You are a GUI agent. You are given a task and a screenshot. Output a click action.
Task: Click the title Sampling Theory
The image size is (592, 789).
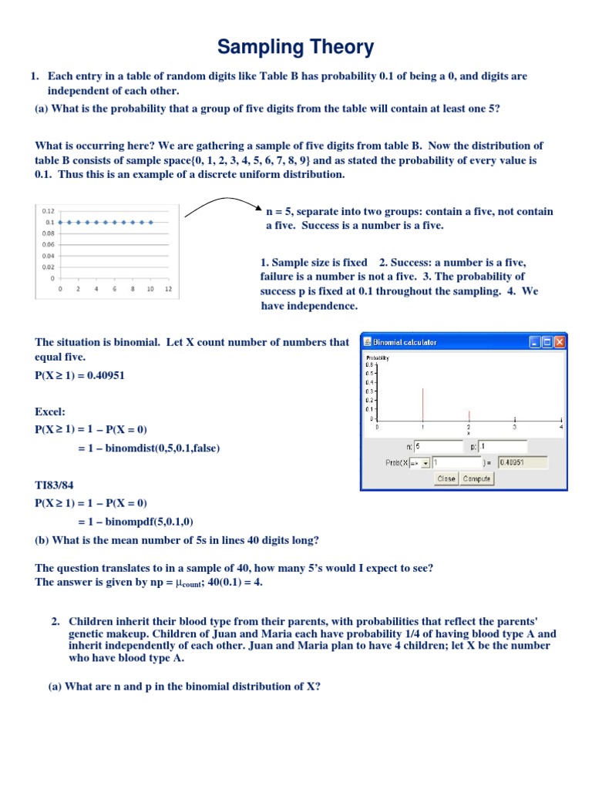pyautogui.click(x=295, y=47)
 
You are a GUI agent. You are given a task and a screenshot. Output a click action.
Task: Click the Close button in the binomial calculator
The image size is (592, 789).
pyautogui.click(x=446, y=478)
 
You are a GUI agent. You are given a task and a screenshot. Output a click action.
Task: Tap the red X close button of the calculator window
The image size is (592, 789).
pyautogui.click(x=560, y=342)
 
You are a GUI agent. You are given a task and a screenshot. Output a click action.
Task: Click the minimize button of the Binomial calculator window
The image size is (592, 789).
pyautogui.click(x=535, y=342)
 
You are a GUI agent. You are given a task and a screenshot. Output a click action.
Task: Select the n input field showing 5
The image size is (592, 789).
pyautogui.click(x=438, y=446)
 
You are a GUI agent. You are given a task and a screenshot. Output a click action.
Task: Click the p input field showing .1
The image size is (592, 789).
pyautogui.click(x=502, y=446)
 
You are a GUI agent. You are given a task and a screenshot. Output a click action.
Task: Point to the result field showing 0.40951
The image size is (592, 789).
pyautogui.click(x=522, y=462)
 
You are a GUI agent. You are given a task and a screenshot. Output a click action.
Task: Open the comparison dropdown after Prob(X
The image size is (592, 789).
pyautogui.click(x=425, y=463)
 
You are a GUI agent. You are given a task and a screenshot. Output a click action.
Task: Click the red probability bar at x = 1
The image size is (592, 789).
pyautogui.click(x=422, y=404)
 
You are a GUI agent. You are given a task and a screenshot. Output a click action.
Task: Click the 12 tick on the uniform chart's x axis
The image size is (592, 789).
pyautogui.click(x=168, y=290)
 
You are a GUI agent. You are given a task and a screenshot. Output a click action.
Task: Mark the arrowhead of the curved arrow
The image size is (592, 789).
pyautogui.click(x=257, y=206)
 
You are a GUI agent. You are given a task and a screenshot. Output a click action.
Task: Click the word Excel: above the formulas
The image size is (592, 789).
pyautogui.click(x=50, y=412)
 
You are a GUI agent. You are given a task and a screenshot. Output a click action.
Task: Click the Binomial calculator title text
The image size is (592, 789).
pyautogui.click(x=405, y=342)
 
